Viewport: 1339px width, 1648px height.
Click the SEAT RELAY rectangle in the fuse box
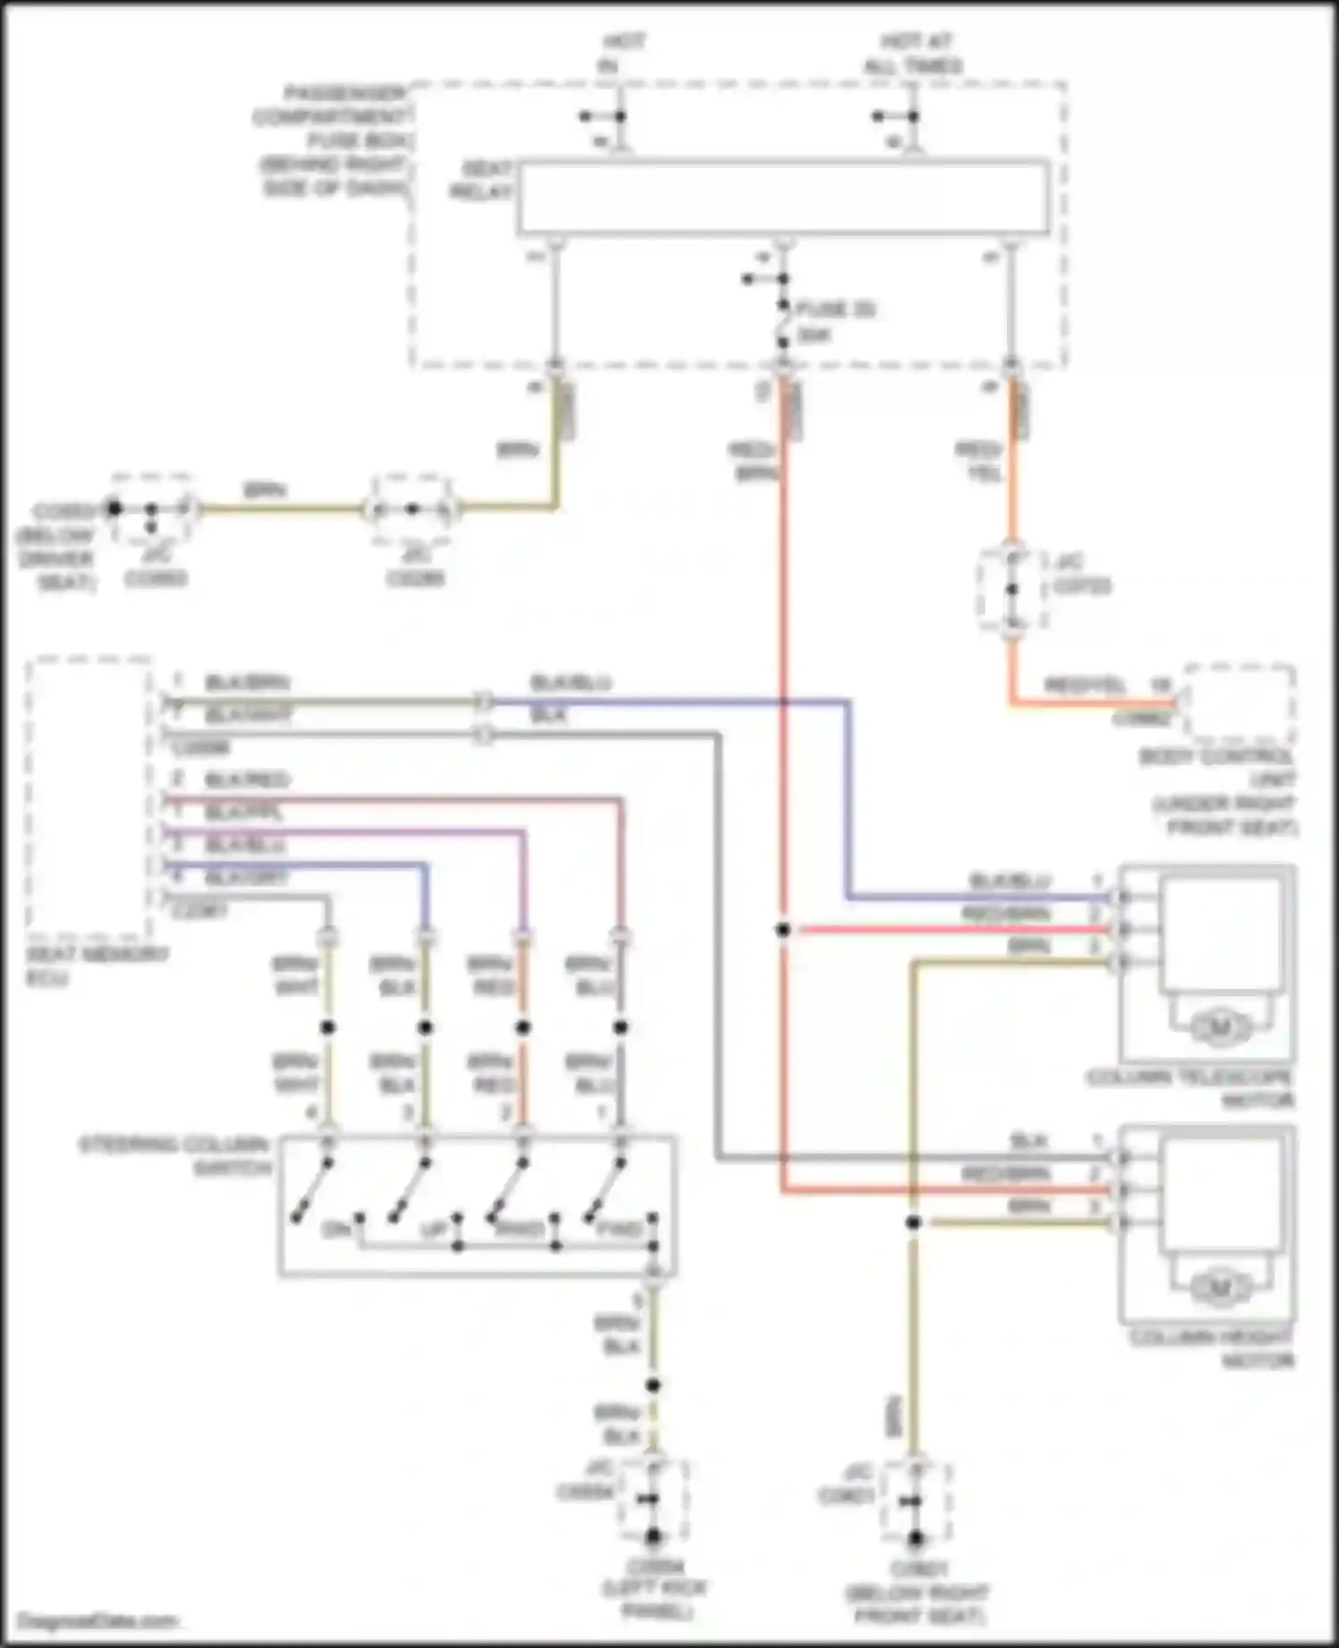(x=784, y=198)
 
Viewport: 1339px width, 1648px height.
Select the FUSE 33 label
(x=836, y=310)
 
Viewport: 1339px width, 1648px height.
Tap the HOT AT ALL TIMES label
(x=912, y=54)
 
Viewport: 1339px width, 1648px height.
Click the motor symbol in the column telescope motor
(x=1220, y=1028)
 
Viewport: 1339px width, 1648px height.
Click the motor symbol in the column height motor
(x=1220, y=1288)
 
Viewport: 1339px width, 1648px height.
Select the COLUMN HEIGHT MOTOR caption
(x=1212, y=1349)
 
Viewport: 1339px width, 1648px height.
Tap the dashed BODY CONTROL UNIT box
(x=1239, y=703)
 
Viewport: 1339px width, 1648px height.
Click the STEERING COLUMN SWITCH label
(x=175, y=1155)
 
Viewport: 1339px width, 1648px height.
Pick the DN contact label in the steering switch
(x=335, y=1229)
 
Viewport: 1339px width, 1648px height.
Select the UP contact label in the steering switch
(x=433, y=1229)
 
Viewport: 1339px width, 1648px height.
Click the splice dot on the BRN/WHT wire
(x=328, y=1028)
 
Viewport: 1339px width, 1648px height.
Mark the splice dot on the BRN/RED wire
(x=523, y=1028)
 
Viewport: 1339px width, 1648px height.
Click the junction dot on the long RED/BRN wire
(x=783, y=930)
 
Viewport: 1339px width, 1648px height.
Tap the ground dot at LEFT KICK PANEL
(x=653, y=1536)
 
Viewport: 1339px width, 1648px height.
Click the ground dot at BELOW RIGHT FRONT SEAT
(x=914, y=1538)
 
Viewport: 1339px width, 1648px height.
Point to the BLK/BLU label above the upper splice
(x=570, y=683)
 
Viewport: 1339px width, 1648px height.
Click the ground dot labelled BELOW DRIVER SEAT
(x=113, y=509)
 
